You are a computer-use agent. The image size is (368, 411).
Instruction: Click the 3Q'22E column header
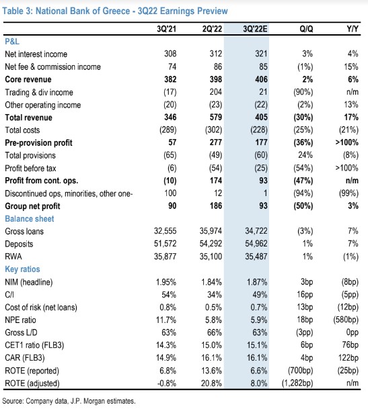(x=255, y=29)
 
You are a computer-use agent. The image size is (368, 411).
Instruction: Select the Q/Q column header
(x=306, y=29)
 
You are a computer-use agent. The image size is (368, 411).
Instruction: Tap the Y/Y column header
(x=353, y=29)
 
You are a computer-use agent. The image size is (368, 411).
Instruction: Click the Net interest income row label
(x=36, y=54)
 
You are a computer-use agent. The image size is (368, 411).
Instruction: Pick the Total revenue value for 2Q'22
(x=216, y=117)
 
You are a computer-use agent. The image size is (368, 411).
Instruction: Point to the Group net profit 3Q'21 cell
(x=172, y=205)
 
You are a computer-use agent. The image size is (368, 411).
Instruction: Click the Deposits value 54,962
(x=256, y=244)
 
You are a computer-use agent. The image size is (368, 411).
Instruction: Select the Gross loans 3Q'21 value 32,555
(x=165, y=231)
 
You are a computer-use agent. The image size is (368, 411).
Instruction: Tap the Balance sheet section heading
(x=30, y=219)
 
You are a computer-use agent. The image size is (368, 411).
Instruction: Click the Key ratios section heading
(x=23, y=269)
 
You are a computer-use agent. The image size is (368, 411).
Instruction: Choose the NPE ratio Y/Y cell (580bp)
(x=345, y=320)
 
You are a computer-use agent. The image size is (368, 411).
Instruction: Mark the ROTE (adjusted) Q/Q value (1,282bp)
(x=297, y=383)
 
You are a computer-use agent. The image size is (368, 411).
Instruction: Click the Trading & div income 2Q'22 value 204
(x=216, y=92)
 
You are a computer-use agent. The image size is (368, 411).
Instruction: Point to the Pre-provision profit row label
(x=38, y=142)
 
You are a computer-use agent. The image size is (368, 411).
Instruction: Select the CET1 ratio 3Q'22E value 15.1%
(x=257, y=345)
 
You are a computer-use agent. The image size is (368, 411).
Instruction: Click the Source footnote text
(x=69, y=401)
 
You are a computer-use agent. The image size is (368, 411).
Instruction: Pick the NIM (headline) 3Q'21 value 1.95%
(x=166, y=282)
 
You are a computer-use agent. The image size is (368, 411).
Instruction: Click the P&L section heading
(x=12, y=42)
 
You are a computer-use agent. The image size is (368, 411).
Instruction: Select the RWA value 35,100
(x=211, y=257)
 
